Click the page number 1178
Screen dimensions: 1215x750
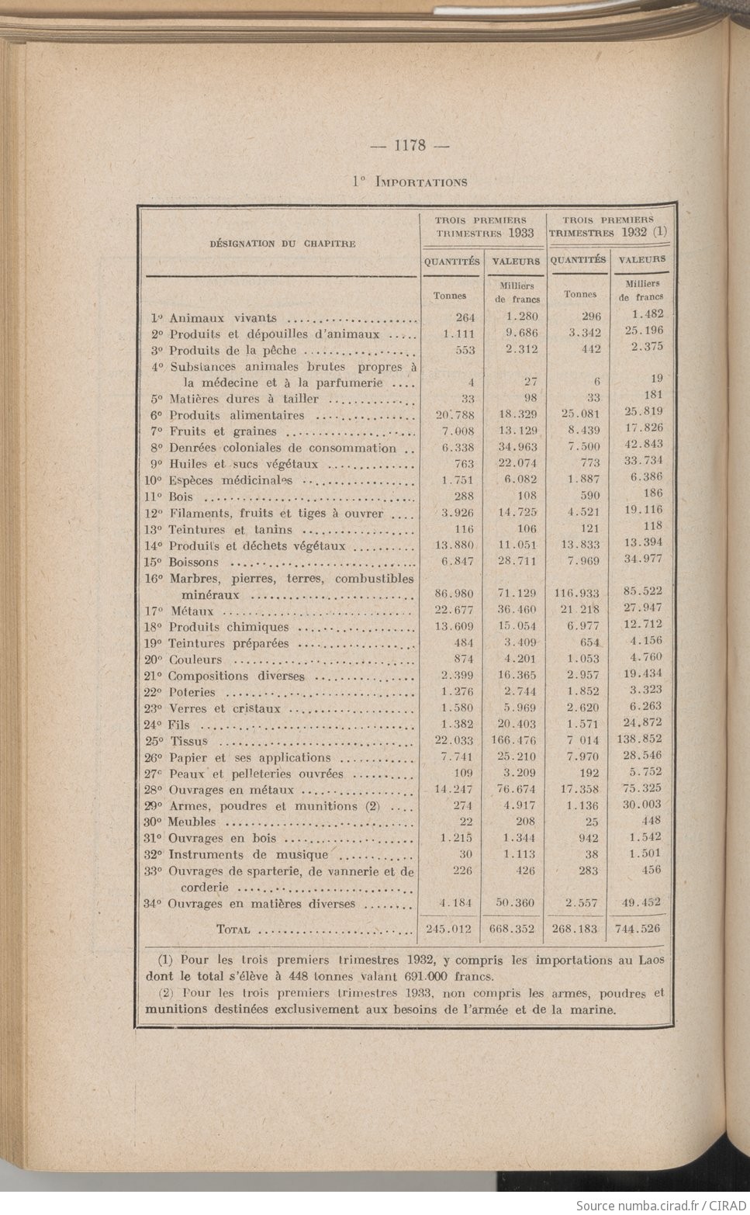pos(410,145)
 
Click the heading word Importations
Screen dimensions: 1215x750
pos(421,182)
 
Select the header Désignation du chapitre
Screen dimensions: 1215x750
pos(282,244)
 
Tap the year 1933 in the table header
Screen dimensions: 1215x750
pos(521,233)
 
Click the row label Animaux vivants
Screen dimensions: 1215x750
pos(223,318)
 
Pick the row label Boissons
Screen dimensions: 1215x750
pos(194,562)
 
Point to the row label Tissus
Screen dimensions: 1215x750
pos(188,741)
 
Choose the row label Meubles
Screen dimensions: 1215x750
pos(192,822)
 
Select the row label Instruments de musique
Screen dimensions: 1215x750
pos(248,855)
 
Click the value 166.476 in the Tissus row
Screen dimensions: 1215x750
pos(513,741)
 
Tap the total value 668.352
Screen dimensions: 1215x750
pos(513,929)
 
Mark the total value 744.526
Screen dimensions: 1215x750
pos(638,928)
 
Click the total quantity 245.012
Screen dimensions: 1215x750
pos(451,929)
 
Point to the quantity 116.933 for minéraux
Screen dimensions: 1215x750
pos(576,594)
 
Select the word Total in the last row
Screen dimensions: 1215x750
pos(233,929)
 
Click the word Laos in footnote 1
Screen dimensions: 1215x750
pos(649,961)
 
